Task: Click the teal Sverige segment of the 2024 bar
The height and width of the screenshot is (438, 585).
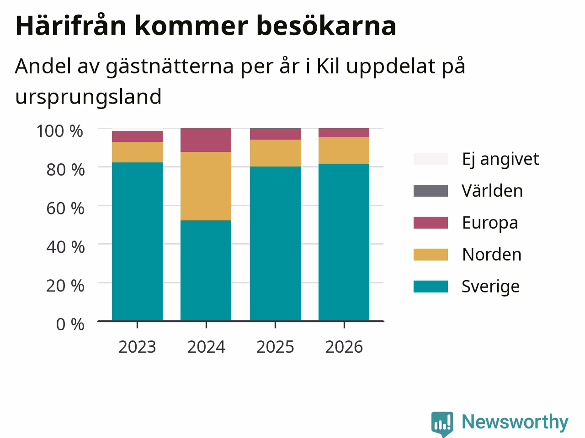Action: click(x=206, y=271)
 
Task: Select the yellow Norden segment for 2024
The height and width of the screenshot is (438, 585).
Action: click(x=206, y=186)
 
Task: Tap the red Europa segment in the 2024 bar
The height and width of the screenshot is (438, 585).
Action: click(x=206, y=140)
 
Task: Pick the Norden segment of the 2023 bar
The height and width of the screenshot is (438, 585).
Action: click(x=137, y=152)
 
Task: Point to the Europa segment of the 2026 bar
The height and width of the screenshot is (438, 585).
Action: click(x=344, y=133)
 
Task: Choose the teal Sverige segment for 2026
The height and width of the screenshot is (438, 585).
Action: click(x=344, y=242)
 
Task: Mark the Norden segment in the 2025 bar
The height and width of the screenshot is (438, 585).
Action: click(x=275, y=153)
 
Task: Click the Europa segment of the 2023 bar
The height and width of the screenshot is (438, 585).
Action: click(x=137, y=136)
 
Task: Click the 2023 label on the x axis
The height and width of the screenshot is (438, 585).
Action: click(x=137, y=347)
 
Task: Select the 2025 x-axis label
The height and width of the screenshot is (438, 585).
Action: click(x=275, y=347)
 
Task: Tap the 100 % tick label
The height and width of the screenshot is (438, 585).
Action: click(x=60, y=131)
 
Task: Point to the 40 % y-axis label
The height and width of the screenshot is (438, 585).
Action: click(x=65, y=247)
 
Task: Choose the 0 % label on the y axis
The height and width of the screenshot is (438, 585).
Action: click(x=70, y=324)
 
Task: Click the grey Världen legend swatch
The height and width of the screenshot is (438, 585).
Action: click(x=431, y=191)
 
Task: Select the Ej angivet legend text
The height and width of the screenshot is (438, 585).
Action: click(x=500, y=159)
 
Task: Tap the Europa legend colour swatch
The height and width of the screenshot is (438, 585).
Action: click(x=431, y=223)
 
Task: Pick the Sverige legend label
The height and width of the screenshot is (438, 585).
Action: click(x=491, y=287)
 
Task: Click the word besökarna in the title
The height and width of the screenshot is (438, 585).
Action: click(x=326, y=26)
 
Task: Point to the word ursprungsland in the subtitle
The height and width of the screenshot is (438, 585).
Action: click(x=88, y=97)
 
